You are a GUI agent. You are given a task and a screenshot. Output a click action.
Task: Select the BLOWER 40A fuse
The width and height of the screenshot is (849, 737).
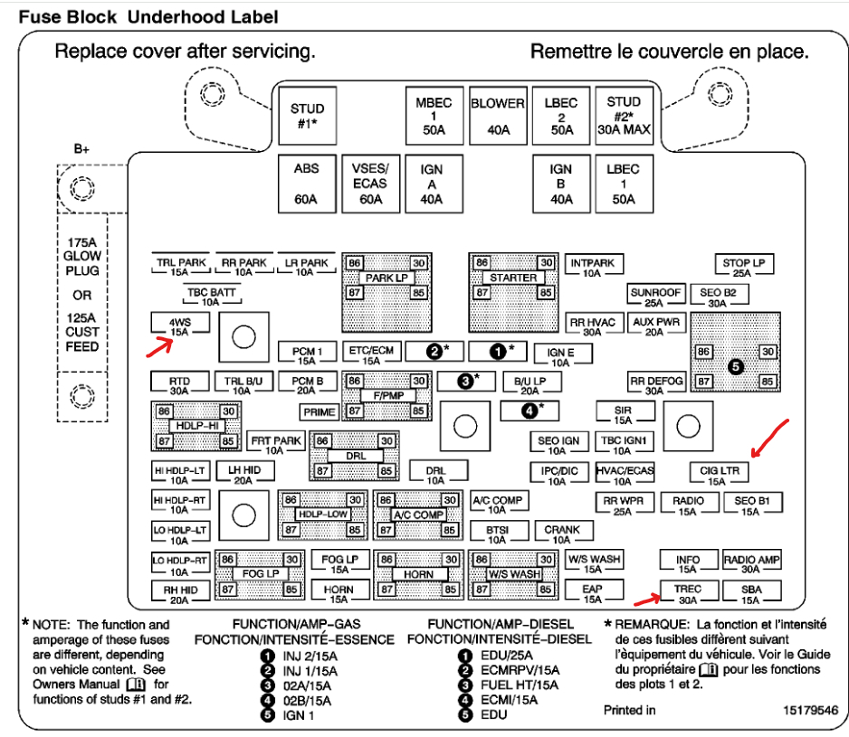(497, 116)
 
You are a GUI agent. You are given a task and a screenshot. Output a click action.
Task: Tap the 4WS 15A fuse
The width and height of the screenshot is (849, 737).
(179, 325)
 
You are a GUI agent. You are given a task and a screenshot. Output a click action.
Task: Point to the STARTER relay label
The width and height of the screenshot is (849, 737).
(513, 278)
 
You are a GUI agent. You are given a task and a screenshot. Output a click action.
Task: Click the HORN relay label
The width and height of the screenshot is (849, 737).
(419, 574)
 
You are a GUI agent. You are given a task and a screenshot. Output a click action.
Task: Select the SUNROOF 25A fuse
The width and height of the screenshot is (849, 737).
(655, 298)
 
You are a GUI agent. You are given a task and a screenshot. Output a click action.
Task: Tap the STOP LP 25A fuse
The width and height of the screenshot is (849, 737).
(743, 268)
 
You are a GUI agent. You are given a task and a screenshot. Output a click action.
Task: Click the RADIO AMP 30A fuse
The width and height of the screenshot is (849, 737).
(751, 564)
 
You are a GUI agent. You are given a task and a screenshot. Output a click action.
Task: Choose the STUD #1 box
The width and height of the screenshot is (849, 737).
(307, 116)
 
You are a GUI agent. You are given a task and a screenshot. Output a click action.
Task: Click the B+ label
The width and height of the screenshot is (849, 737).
(82, 149)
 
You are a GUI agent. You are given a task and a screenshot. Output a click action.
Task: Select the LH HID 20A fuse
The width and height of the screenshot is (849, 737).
(243, 475)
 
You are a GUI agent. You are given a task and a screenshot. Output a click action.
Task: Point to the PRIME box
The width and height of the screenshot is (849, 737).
(319, 411)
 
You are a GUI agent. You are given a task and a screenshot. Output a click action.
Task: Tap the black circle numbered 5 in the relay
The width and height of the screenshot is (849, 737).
(735, 366)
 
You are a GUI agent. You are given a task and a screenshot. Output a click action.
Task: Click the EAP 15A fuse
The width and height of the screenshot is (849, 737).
(592, 593)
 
